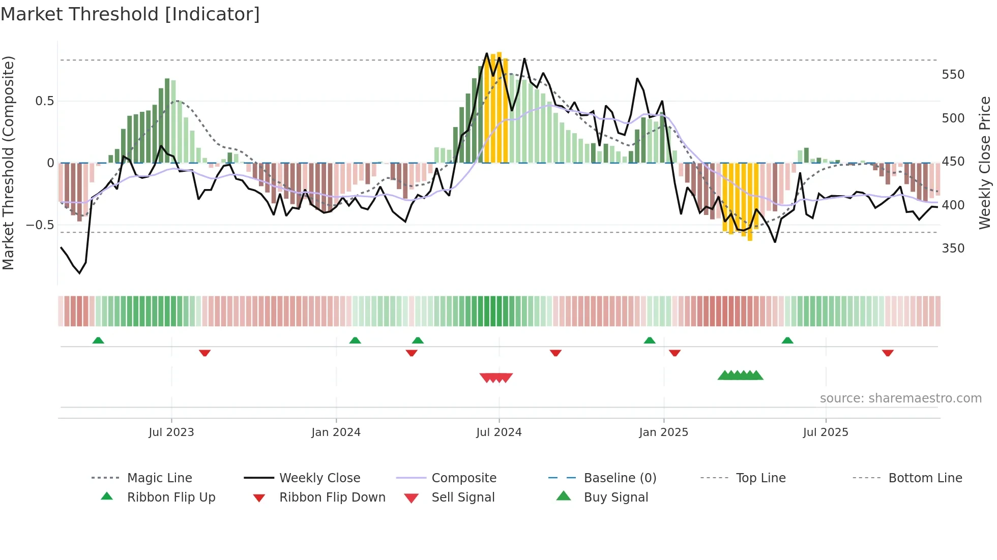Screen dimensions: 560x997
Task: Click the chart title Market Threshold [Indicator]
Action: [x=130, y=14]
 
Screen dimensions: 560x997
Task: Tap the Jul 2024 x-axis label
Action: [x=499, y=432]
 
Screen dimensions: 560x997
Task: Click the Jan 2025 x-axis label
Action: [x=663, y=432]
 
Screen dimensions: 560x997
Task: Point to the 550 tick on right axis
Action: [x=953, y=75]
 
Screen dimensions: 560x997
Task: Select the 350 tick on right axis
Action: [x=953, y=248]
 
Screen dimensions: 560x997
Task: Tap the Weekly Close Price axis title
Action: [x=985, y=163]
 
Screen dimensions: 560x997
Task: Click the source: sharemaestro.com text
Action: [x=900, y=398]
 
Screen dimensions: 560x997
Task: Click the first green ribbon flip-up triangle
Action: [x=98, y=340]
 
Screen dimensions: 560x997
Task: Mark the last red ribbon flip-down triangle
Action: [x=888, y=353]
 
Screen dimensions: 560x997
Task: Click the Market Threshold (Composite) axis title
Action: [x=8, y=163]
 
